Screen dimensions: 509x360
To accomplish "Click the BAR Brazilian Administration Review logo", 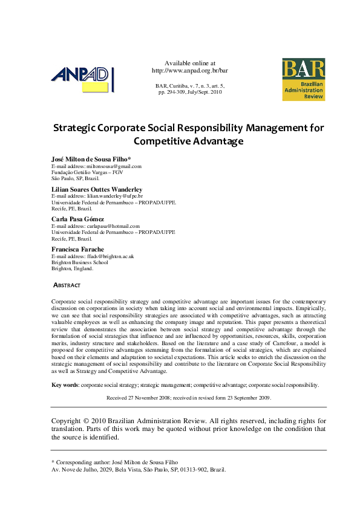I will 303,79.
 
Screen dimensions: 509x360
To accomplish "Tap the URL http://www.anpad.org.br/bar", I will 189,70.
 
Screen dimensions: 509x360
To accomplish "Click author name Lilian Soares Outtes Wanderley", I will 97,189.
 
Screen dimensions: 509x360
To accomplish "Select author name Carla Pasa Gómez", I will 77,219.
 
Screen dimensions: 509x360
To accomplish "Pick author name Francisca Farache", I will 77,249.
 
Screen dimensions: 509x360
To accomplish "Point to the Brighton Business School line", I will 79,262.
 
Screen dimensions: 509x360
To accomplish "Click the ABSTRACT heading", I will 67,285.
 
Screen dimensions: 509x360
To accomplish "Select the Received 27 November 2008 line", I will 189,398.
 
